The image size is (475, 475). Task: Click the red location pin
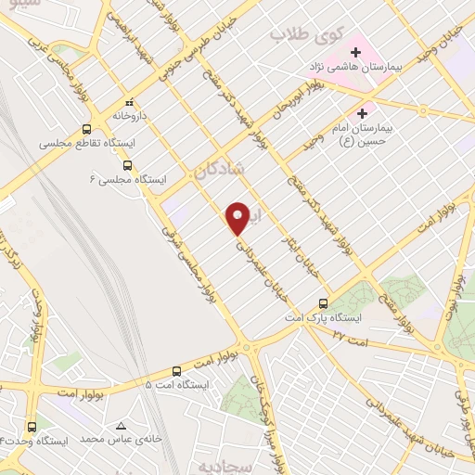click(237, 217)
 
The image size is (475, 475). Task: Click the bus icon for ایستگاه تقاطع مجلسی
click(86, 129)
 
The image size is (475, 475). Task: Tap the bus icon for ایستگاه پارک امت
click(323, 302)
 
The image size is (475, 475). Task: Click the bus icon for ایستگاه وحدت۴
click(32, 426)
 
